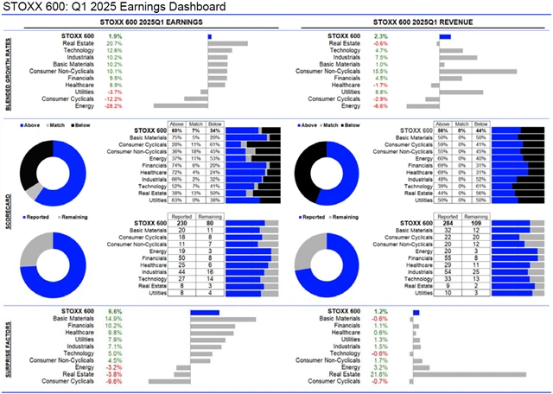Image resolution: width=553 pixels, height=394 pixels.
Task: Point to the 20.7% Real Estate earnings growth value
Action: (x=114, y=43)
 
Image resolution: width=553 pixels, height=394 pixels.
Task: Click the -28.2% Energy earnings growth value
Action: (x=114, y=106)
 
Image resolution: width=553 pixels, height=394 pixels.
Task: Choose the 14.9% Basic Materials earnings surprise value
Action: (x=114, y=318)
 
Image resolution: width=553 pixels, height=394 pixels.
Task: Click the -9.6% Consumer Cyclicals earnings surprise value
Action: (x=114, y=381)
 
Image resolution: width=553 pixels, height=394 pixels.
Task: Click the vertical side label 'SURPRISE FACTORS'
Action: (x=7, y=346)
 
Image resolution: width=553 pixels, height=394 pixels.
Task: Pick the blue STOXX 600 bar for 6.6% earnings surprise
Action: (x=206, y=311)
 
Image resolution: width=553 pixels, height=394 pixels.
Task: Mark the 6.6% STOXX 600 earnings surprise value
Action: (x=114, y=310)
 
